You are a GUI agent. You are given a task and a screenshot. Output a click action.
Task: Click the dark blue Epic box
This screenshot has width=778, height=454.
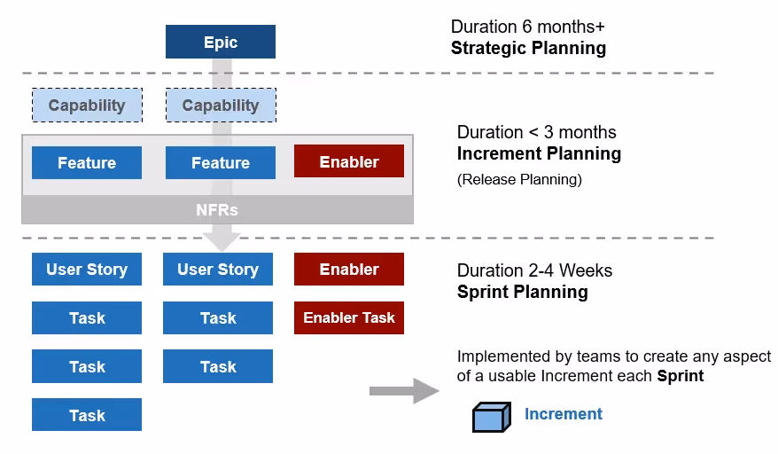pos(220,42)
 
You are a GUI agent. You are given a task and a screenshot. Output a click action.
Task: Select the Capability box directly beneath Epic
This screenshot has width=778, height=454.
pos(220,106)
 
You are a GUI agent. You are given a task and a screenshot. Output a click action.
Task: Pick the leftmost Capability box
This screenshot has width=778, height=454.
pos(87,106)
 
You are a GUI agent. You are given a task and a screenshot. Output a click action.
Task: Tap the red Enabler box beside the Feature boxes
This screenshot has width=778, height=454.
pos(348,161)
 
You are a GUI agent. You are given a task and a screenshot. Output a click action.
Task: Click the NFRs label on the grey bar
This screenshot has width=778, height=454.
pos(217,210)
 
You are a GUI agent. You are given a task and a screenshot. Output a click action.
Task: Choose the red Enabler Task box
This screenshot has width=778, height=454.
pos(348,317)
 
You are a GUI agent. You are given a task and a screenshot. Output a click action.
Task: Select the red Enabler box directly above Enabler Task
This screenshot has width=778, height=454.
pos(348,270)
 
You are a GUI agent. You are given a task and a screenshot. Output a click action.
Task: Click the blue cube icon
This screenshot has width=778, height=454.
pos(492,416)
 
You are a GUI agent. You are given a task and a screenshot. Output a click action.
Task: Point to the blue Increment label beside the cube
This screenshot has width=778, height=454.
pos(563,414)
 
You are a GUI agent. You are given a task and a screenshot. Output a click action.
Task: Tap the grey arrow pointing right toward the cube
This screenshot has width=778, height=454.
pos(403,390)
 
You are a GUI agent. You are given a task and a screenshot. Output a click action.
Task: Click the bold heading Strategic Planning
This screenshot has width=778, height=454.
pos(528,48)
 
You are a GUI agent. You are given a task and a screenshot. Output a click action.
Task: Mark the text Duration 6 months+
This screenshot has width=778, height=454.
pos(527,27)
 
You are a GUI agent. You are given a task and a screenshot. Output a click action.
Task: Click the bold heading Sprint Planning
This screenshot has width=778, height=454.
pos(522,292)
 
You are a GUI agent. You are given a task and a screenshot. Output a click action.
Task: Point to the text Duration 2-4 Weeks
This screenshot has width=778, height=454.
pos(534,270)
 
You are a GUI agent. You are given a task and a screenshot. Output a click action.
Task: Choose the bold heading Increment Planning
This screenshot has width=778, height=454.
pos(539,153)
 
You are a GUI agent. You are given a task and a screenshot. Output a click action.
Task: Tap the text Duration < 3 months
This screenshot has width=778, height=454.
pos(536,132)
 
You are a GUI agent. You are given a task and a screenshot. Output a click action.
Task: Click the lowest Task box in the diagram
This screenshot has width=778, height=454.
pos(87,415)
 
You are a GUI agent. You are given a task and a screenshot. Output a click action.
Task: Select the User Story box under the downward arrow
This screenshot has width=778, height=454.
pos(218,270)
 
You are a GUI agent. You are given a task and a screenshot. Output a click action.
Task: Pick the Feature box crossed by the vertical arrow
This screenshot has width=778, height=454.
pos(220,162)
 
